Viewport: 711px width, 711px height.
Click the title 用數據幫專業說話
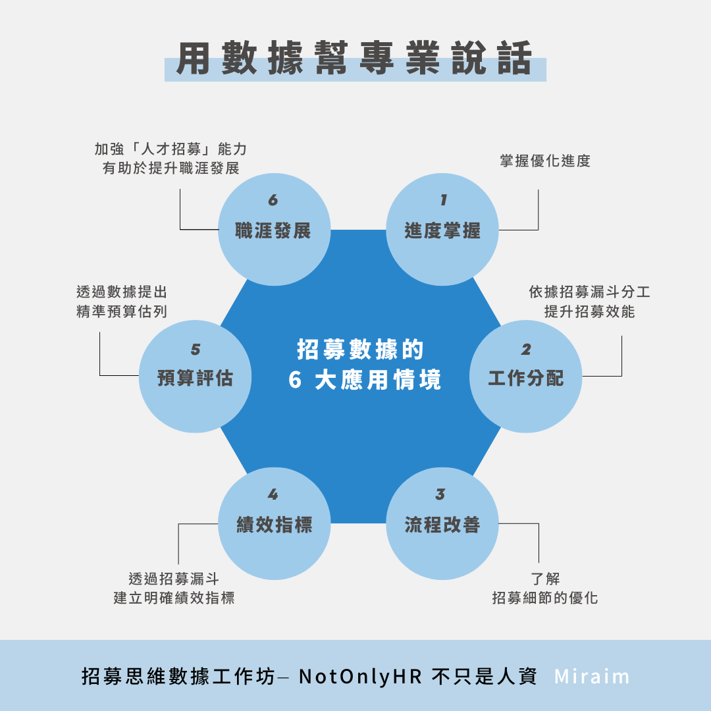(x=355, y=59)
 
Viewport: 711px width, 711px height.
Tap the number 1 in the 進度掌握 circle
(x=443, y=199)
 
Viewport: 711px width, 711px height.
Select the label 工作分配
(x=525, y=378)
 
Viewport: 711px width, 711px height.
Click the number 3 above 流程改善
(x=440, y=494)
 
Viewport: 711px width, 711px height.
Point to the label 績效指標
(x=274, y=525)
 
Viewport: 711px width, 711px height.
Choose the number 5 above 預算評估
(x=196, y=349)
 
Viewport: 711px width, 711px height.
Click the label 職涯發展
(x=273, y=230)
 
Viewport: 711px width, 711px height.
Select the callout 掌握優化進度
(x=545, y=161)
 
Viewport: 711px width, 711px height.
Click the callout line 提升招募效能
(x=589, y=311)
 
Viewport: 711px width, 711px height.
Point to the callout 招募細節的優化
(x=545, y=598)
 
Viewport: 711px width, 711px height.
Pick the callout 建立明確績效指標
(x=174, y=598)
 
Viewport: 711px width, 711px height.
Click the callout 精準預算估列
(x=122, y=311)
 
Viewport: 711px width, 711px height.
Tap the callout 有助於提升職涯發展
(x=171, y=168)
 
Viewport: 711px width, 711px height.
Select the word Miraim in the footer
(x=592, y=676)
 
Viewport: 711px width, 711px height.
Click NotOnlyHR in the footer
(x=361, y=676)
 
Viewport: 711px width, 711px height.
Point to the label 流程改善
(x=442, y=525)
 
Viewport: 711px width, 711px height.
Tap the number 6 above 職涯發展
(x=273, y=199)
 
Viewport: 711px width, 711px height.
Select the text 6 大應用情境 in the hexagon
(x=365, y=380)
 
